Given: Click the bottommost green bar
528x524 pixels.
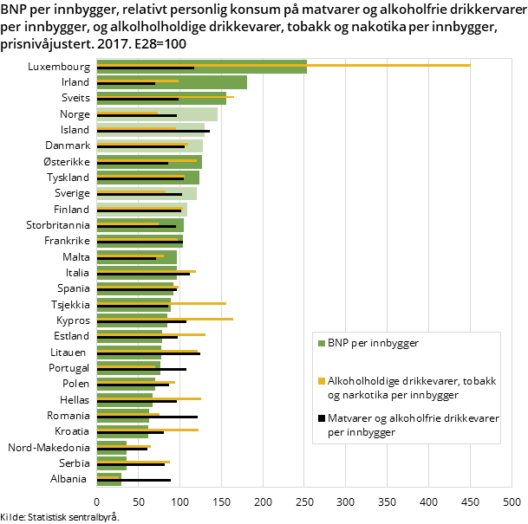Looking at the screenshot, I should click(108, 482).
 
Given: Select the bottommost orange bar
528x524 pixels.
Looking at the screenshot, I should click(108, 476).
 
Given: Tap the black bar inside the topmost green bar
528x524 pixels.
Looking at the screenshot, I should click(145, 68).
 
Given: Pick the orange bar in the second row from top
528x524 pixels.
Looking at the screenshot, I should click(139, 81).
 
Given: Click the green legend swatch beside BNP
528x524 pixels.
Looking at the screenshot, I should click(322, 343).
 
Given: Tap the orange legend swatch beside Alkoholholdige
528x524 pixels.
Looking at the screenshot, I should click(322, 381).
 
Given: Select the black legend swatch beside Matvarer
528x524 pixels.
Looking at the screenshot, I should click(322, 418).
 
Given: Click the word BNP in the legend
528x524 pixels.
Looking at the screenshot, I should click(338, 343).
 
